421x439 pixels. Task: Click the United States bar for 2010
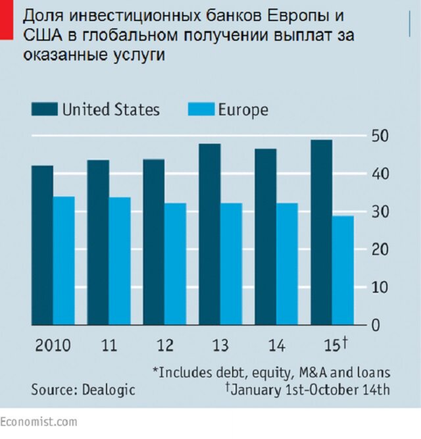click(x=42, y=245)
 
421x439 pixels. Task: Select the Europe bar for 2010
click(x=64, y=261)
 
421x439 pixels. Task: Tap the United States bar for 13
click(x=209, y=234)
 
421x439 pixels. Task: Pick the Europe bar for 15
click(x=343, y=271)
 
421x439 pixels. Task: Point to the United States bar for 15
click(x=321, y=232)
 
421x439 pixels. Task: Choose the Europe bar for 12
click(x=175, y=264)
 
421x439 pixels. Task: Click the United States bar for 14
click(x=265, y=237)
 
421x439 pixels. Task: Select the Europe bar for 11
click(x=120, y=261)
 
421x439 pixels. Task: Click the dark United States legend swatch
click(x=43, y=109)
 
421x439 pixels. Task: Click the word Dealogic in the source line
click(x=109, y=389)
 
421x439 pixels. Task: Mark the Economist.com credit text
click(x=38, y=421)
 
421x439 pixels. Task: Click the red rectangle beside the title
click(x=7, y=19)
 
